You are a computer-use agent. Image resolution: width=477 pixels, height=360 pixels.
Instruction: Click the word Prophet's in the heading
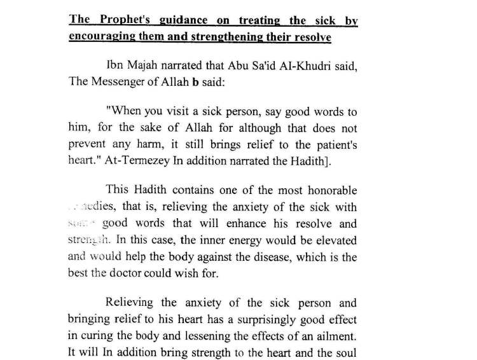121,21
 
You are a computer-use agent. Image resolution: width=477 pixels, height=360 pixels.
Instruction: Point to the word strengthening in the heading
233,36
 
